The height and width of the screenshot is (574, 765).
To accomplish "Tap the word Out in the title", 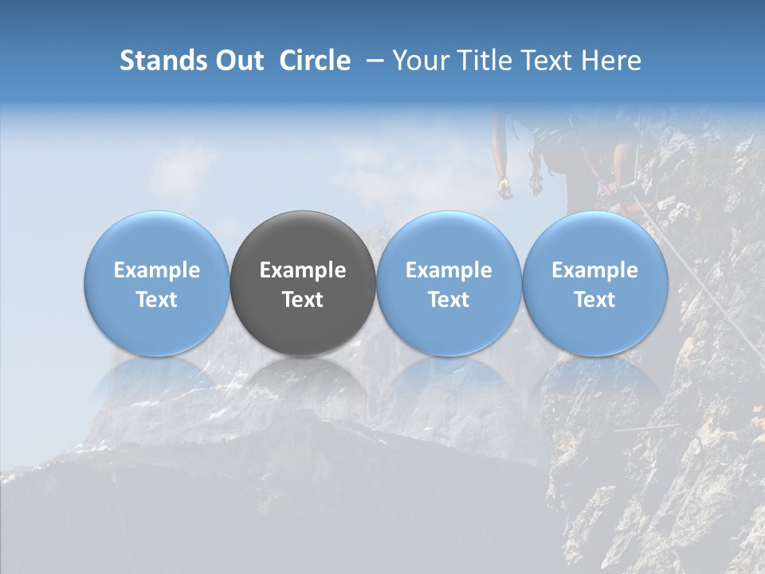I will [x=237, y=61].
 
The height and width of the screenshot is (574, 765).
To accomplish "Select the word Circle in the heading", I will [x=315, y=61].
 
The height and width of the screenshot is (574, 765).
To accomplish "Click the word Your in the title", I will [x=418, y=61].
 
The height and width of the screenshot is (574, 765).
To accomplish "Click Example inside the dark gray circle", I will [x=303, y=270].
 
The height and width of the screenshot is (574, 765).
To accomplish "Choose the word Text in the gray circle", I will [x=303, y=300].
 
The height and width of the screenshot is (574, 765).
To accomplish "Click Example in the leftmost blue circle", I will [x=157, y=270].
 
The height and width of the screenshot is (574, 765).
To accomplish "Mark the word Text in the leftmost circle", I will [x=157, y=300].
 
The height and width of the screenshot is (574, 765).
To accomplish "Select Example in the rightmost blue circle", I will [x=595, y=270].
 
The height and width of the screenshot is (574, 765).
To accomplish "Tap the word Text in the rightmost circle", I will [x=595, y=300].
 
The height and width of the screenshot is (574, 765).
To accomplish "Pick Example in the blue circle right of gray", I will [x=449, y=270].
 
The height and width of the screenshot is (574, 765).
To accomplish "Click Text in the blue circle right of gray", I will [x=449, y=300].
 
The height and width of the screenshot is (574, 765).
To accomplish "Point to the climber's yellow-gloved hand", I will [x=504, y=187].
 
